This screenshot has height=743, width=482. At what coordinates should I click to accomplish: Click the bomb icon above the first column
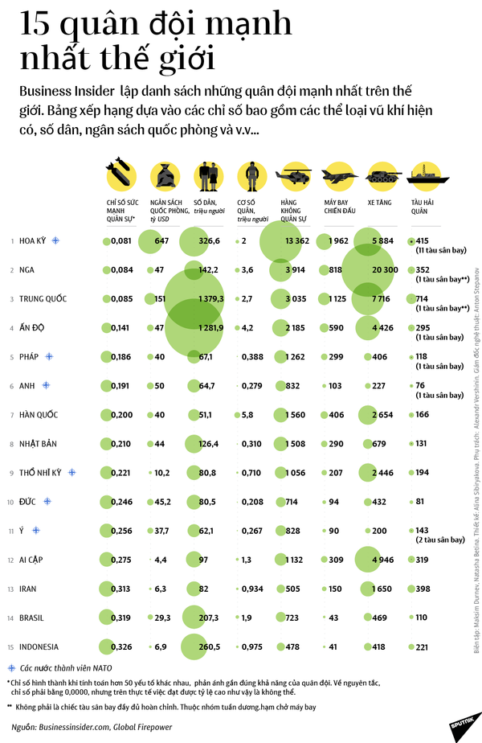(120, 175)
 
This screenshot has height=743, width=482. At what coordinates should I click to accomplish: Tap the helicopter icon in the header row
(294, 175)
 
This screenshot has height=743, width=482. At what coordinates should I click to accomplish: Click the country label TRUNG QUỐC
(43, 299)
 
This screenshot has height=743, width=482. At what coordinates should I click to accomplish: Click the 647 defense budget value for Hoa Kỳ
(161, 240)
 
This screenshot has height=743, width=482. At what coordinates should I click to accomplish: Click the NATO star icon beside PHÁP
(50, 356)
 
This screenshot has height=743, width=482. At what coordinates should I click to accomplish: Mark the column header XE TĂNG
(378, 203)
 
